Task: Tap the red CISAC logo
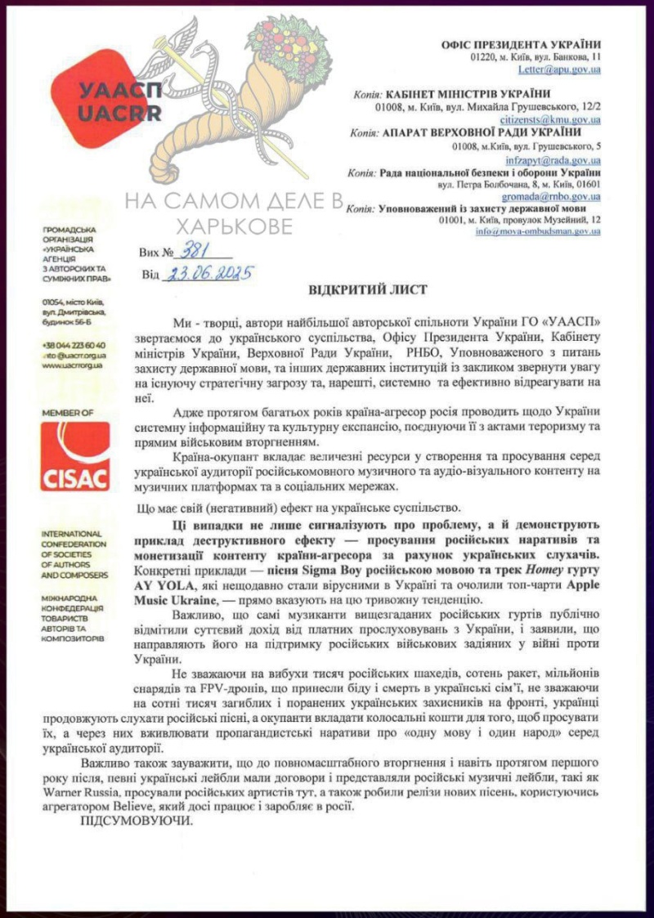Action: (74, 456)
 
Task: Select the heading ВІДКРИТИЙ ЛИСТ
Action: (356, 291)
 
